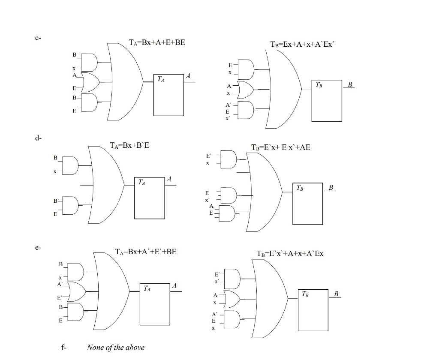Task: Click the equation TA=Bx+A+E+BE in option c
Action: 157,43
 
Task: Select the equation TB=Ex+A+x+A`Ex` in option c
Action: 301,44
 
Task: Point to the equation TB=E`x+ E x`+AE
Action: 280,147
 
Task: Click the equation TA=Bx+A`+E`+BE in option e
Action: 146,252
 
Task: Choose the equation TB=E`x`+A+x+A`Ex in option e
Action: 290,253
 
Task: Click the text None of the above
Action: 115,348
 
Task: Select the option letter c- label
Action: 38,38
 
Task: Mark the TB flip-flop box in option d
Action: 307,204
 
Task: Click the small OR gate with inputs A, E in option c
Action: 90,82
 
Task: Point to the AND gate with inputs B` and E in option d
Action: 70,205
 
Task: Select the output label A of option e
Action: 174,285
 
